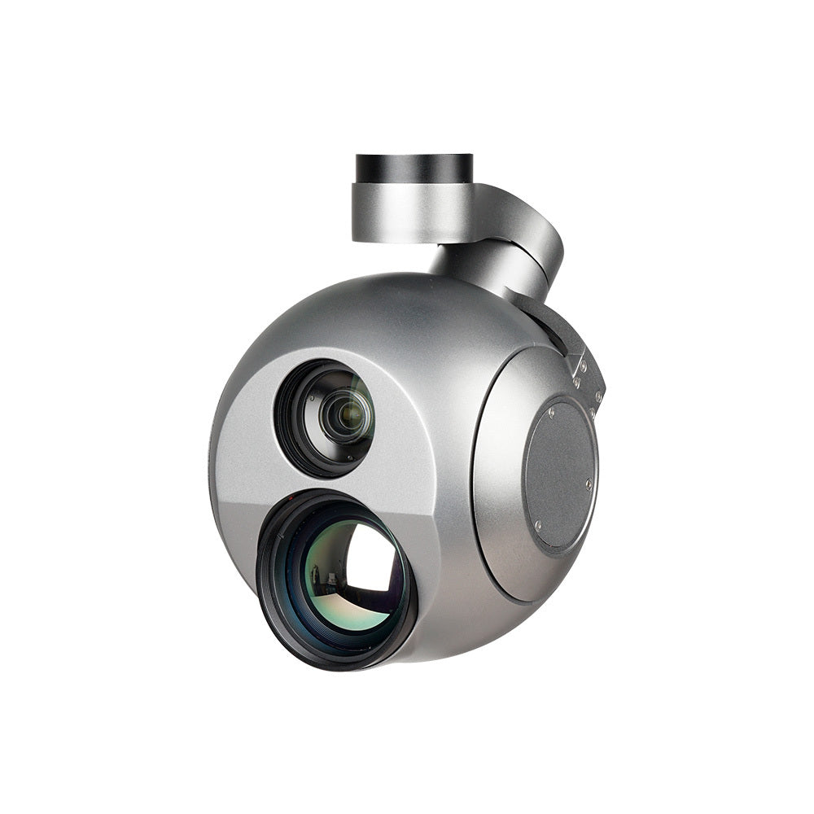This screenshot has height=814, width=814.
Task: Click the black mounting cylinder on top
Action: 414,168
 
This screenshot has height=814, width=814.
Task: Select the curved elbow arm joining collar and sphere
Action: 521,244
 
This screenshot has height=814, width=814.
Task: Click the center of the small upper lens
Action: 347,416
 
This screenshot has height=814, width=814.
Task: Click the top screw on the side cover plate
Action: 551,413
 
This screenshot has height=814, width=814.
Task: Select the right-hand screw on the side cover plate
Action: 589,484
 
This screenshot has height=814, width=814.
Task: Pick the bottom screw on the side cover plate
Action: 537,527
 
